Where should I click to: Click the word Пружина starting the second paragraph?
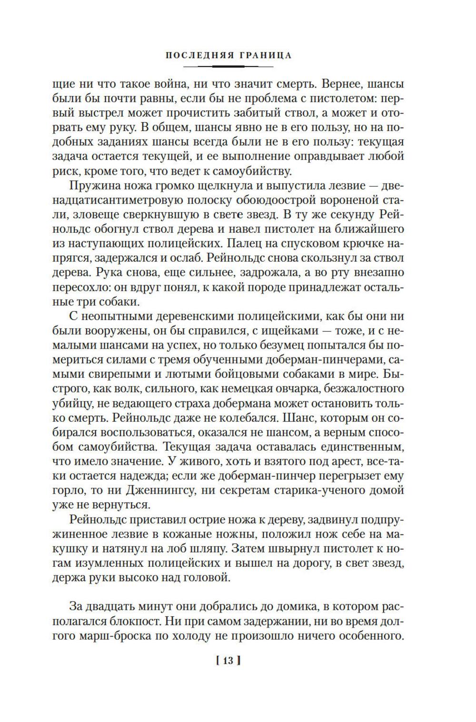click(95, 185)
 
